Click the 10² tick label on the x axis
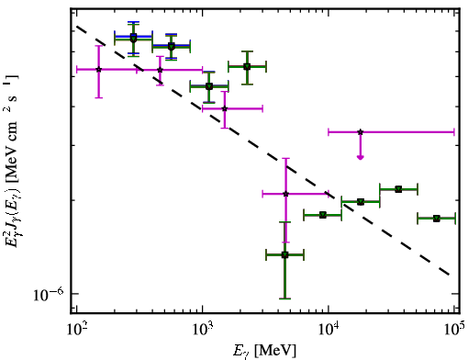coord(77,330)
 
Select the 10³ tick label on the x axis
coord(203,330)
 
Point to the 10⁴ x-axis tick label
coord(329,330)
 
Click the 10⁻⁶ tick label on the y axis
coord(49,294)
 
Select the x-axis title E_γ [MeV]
coord(264,351)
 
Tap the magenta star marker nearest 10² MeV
coord(98,70)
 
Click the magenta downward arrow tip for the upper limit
coord(361,158)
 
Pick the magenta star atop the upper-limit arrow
coord(361,132)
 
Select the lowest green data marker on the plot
coord(284,254)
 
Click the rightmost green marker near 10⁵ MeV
coord(437,219)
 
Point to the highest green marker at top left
coord(133,38)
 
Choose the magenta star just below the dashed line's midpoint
coord(225,108)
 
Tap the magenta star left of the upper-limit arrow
coord(285,194)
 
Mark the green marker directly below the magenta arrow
coord(361,201)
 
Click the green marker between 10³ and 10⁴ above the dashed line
coord(247,66)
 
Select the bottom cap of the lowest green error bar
coord(284,298)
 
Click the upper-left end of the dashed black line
coord(77,27)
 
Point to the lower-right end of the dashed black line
coord(449,275)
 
